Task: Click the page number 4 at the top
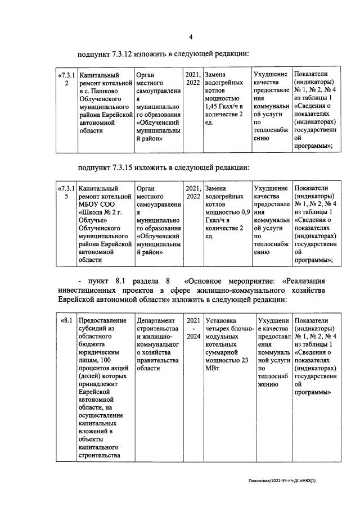tap(191, 37)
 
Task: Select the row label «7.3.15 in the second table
tap(66, 193)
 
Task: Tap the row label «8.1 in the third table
tap(66, 321)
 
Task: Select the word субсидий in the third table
tap(93, 330)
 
